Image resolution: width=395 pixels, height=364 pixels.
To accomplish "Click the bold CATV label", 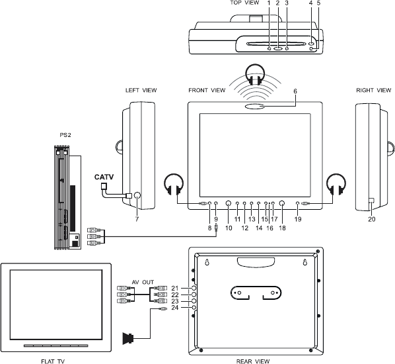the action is coord(104,177).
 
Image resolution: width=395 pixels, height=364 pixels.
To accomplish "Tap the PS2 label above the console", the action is coord(65,135).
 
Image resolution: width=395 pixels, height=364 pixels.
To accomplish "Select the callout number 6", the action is coord(295,91).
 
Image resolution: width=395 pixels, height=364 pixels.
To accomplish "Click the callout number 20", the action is coord(372,219).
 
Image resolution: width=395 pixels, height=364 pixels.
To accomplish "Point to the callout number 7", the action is coord(137,219).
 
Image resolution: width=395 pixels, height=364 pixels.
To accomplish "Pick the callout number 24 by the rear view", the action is coord(175,308).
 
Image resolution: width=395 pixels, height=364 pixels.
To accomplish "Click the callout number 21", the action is coord(175,288).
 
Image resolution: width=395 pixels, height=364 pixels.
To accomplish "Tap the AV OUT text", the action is coord(143,282).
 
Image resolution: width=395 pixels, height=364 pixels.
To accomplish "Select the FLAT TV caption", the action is coord(53,361).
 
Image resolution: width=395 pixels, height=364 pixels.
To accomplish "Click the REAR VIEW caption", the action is coord(253,361).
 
